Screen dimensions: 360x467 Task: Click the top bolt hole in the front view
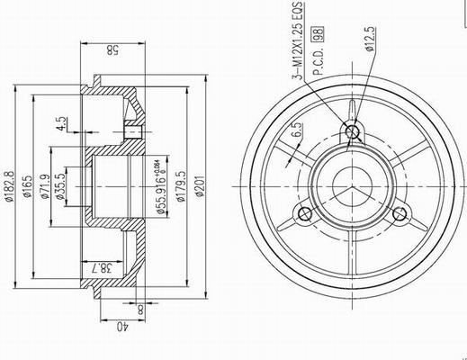pos(354,132)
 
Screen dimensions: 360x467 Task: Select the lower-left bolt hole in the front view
pos(305,214)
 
